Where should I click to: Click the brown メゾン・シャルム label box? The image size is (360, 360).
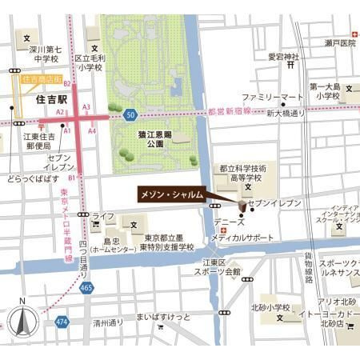click(171, 194)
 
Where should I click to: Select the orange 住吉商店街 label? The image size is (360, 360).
click(42, 80)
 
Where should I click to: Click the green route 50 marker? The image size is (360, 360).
click(130, 116)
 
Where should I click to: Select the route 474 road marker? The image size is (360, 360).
click(62, 322)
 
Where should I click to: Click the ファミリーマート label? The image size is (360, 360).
click(273, 97)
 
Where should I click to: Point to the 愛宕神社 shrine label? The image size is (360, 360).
click(282, 57)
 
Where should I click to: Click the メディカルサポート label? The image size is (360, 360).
click(243, 238)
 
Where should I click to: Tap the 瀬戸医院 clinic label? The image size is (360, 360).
click(340, 43)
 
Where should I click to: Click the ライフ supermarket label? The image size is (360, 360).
click(102, 217)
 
